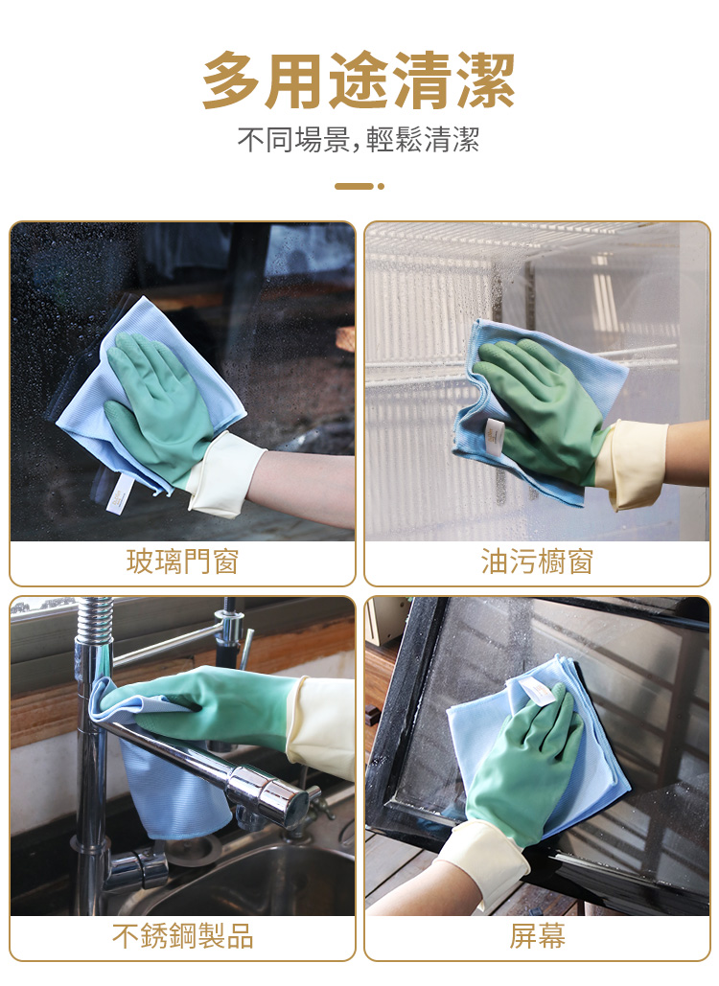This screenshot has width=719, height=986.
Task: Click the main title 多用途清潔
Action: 359,80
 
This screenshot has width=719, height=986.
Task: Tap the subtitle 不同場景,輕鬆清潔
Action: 359,139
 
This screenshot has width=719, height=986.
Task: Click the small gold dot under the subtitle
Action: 381,186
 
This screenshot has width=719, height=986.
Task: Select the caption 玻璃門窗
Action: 182,562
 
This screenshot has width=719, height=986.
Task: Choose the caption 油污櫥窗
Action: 537,562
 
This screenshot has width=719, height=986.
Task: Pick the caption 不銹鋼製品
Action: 182,935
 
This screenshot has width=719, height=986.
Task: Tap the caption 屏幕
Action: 537,935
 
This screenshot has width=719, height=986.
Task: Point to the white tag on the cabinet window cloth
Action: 495,436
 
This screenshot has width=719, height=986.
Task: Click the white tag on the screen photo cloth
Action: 537,691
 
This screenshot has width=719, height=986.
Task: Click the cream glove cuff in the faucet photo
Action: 321,726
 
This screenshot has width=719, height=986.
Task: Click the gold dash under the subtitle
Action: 354,186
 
